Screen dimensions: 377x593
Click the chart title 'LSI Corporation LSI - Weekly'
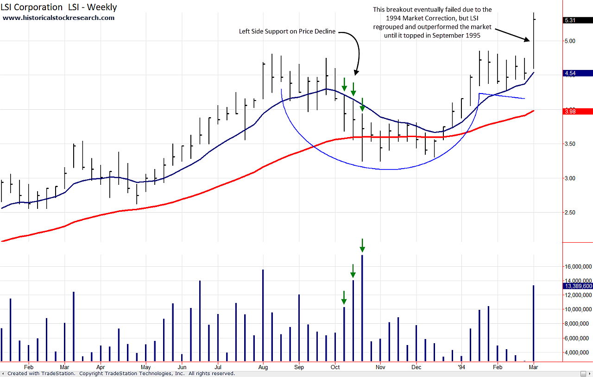coord(59,7)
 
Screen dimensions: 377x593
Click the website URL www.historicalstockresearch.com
coord(59,18)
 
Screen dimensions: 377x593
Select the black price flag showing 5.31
coord(570,20)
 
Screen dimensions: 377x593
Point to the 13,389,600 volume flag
coord(577,286)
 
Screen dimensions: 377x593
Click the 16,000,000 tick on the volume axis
coord(576,266)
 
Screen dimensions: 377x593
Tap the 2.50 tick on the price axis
coord(570,213)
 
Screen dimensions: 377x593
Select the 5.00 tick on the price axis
coord(570,41)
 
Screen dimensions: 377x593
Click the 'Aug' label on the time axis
coord(263,367)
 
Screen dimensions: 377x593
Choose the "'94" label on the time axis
coord(461,367)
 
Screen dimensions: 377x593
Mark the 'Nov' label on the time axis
coord(380,367)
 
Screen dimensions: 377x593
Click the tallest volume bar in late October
coord(362,308)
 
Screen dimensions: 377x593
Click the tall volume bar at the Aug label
coord(263,315)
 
